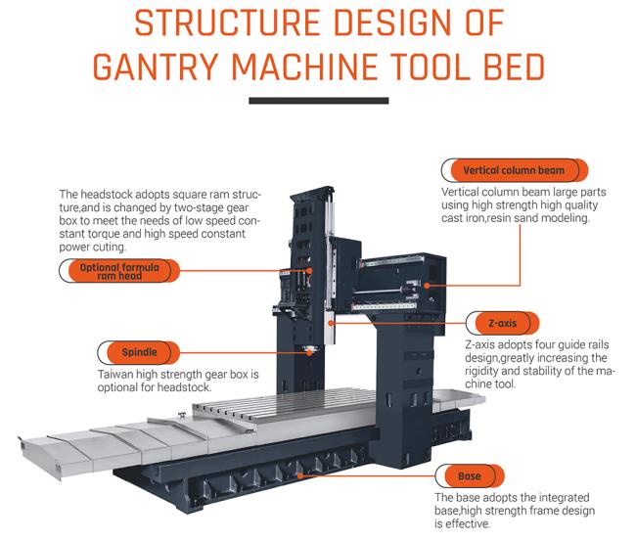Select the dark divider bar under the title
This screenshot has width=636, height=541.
click(319, 100)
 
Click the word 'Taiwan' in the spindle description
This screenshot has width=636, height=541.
click(118, 375)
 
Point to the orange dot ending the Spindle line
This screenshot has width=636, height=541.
click(311, 352)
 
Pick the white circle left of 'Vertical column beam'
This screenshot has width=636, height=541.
click(451, 170)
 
